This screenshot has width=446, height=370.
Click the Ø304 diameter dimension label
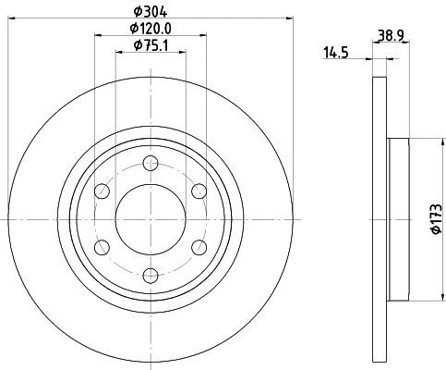click(x=151, y=12)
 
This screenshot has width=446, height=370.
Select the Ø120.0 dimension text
click(x=151, y=29)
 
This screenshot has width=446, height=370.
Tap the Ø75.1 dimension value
click(x=151, y=45)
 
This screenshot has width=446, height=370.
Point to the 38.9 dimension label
click(x=391, y=36)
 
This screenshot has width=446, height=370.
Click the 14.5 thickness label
click(x=335, y=53)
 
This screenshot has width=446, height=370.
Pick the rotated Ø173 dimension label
click(x=437, y=218)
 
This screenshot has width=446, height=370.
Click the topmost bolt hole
click(x=151, y=164)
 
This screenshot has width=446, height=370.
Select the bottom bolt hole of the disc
click(x=151, y=275)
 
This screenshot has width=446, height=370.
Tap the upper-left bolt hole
click(x=102, y=191)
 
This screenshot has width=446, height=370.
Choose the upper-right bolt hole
click(x=199, y=191)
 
